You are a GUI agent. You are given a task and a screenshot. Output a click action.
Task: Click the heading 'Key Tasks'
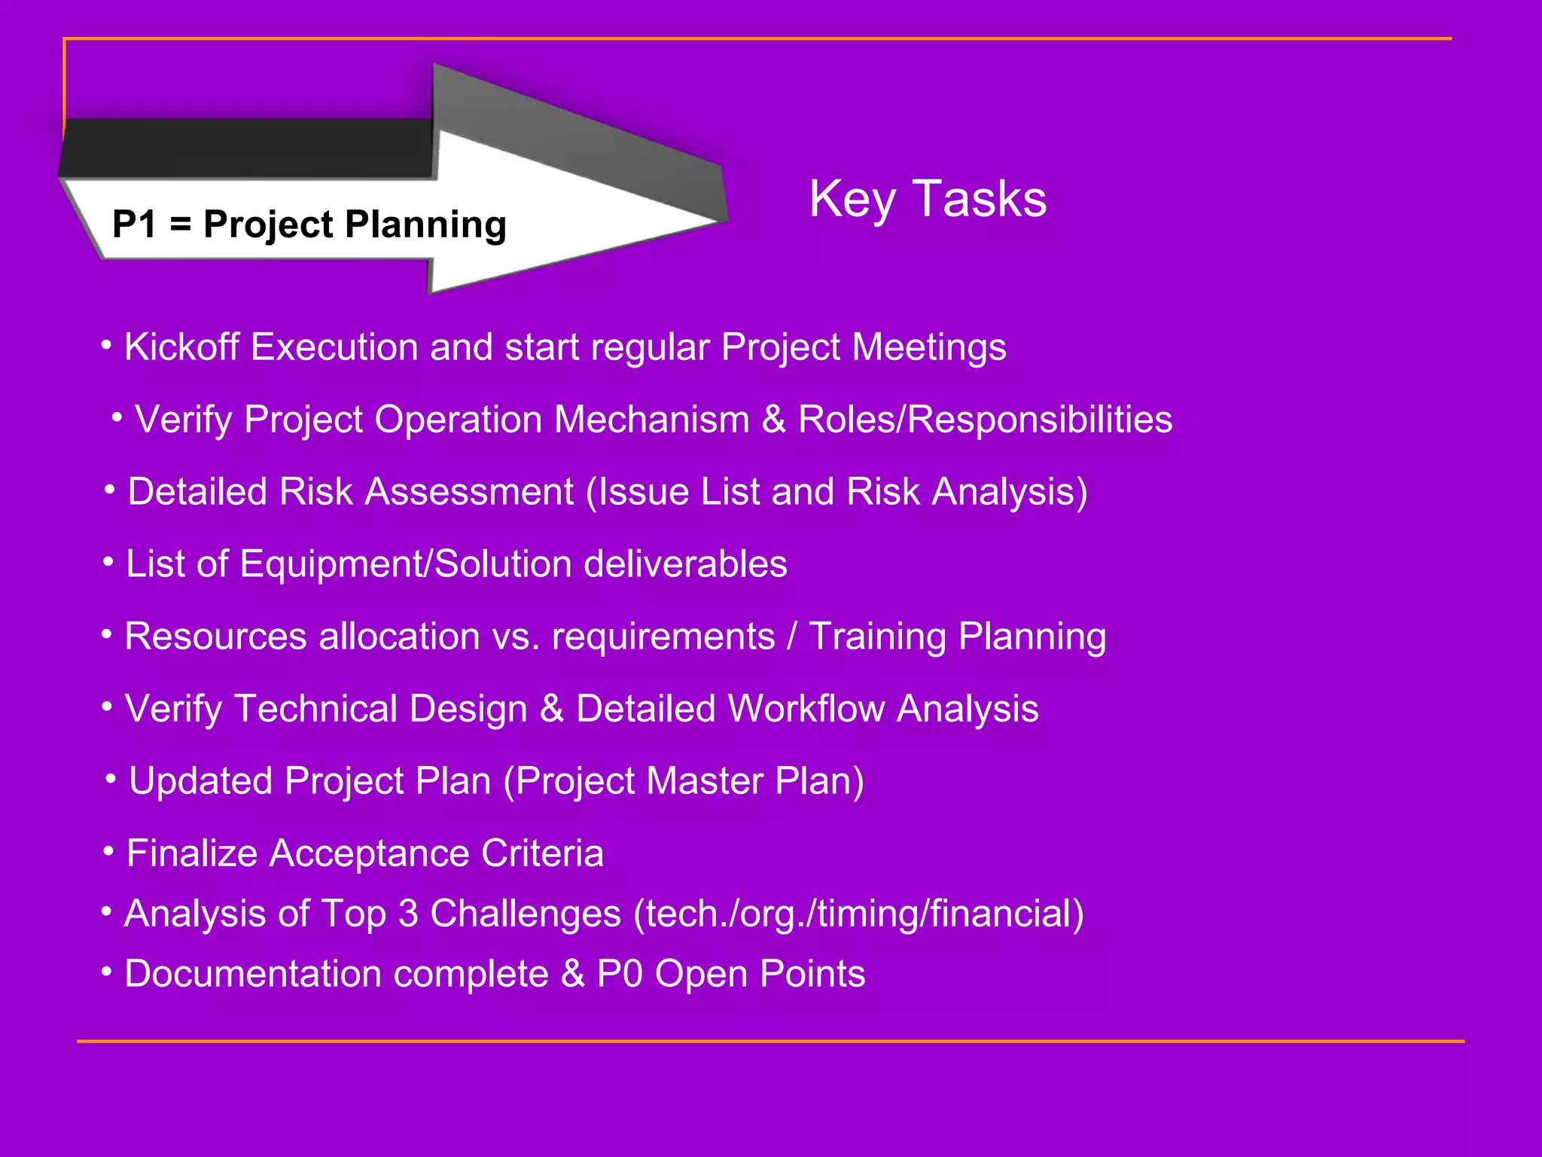[928, 199]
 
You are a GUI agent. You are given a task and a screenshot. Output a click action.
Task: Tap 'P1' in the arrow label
[135, 224]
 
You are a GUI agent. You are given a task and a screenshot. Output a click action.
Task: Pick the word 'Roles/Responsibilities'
[985, 420]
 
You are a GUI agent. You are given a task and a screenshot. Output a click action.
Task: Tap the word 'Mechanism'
[651, 420]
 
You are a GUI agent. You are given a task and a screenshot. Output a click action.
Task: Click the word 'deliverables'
[685, 564]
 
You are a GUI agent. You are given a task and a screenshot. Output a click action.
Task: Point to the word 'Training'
[877, 637]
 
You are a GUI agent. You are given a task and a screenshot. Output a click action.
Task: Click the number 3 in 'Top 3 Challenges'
[408, 914]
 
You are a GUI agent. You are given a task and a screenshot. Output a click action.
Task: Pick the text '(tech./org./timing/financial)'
[858, 914]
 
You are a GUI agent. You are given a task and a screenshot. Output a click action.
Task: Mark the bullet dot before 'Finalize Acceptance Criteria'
[109, 851]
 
